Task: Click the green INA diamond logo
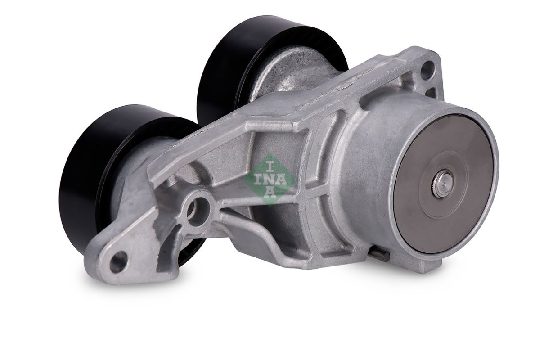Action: coord(269,180)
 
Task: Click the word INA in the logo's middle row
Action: coord(269,180)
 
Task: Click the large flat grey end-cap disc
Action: coord(444,184)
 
